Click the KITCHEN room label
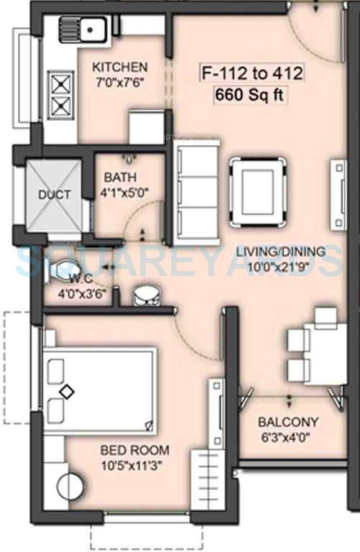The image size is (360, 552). coord(120,67)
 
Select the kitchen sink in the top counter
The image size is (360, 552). coord(93,30)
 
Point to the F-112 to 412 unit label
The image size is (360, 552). coord(244,72)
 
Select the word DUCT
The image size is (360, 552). coord(55,195)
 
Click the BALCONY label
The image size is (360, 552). coord(288,422)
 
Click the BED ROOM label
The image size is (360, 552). coord(135,451)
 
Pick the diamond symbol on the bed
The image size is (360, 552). coord(66,392)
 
